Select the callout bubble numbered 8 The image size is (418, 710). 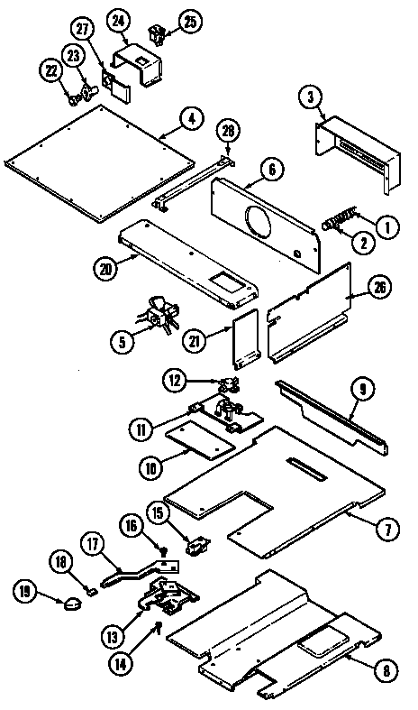(x=386, y=669)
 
